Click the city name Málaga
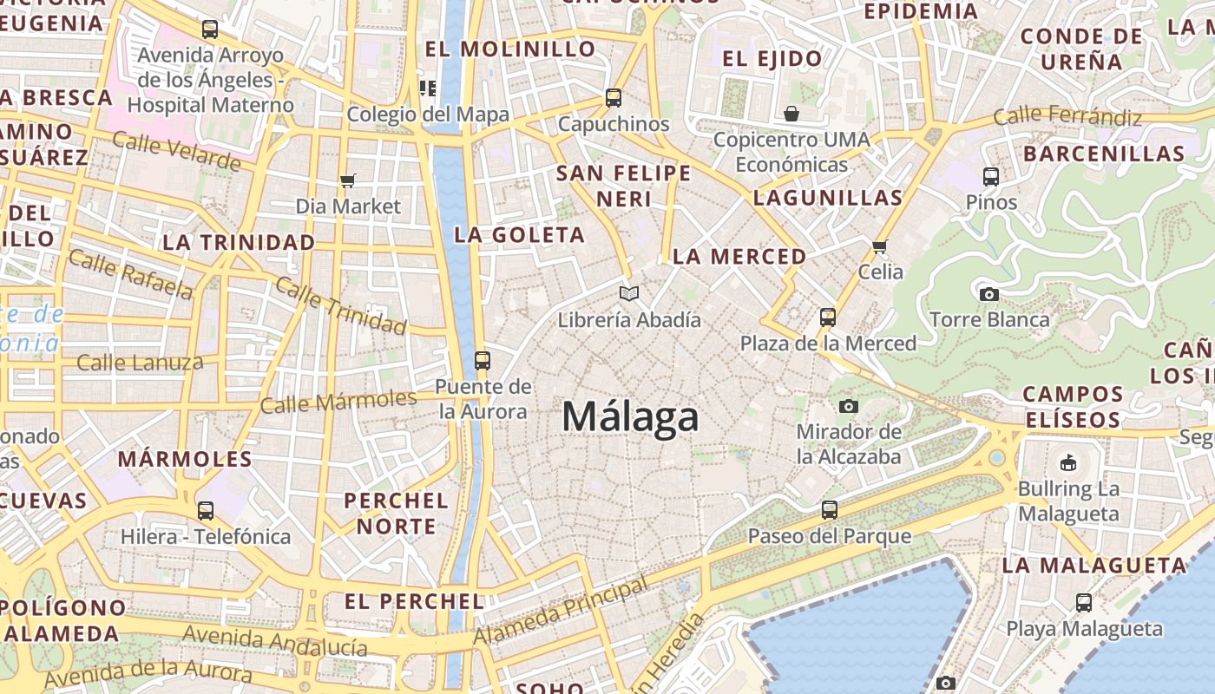point(630,417)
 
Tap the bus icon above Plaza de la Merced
point(828,317)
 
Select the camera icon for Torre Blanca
point(988,294)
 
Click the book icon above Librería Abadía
point(629,293)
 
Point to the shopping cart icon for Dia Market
point(348,180)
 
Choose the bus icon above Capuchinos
point(614,97)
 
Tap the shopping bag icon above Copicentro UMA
point(791,113)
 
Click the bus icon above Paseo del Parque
point(830,509)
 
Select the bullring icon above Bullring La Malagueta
point(1068,462)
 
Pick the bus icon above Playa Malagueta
point(1083,602)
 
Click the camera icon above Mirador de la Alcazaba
point(849,406)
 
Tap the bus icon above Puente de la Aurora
point(483,360)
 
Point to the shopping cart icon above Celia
point(880,246)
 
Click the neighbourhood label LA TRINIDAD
point(239,242)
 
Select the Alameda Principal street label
point(562,612)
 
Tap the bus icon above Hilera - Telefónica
point(206,511)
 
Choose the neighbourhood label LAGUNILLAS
point(828,198)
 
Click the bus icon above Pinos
point(991,177)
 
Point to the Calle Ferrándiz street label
point(1067,115)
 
